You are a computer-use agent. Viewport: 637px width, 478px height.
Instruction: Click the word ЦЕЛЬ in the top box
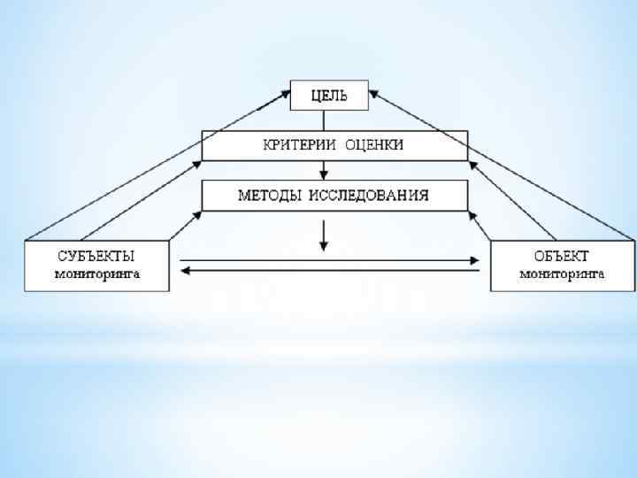[329, 95]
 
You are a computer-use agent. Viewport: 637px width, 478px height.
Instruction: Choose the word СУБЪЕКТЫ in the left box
[96, 257]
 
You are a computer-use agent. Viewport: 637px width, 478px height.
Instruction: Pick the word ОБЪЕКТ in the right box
[562, 257]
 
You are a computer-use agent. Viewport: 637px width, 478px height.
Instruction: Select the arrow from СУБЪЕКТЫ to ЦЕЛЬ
[159, 163]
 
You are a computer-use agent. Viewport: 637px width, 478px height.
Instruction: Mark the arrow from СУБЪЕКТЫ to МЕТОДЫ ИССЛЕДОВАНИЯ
[184, 225]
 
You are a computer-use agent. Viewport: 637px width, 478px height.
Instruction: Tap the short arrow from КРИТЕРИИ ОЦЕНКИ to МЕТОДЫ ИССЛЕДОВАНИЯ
[324, 170]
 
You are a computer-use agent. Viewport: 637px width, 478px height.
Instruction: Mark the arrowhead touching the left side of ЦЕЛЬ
[285, 90]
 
